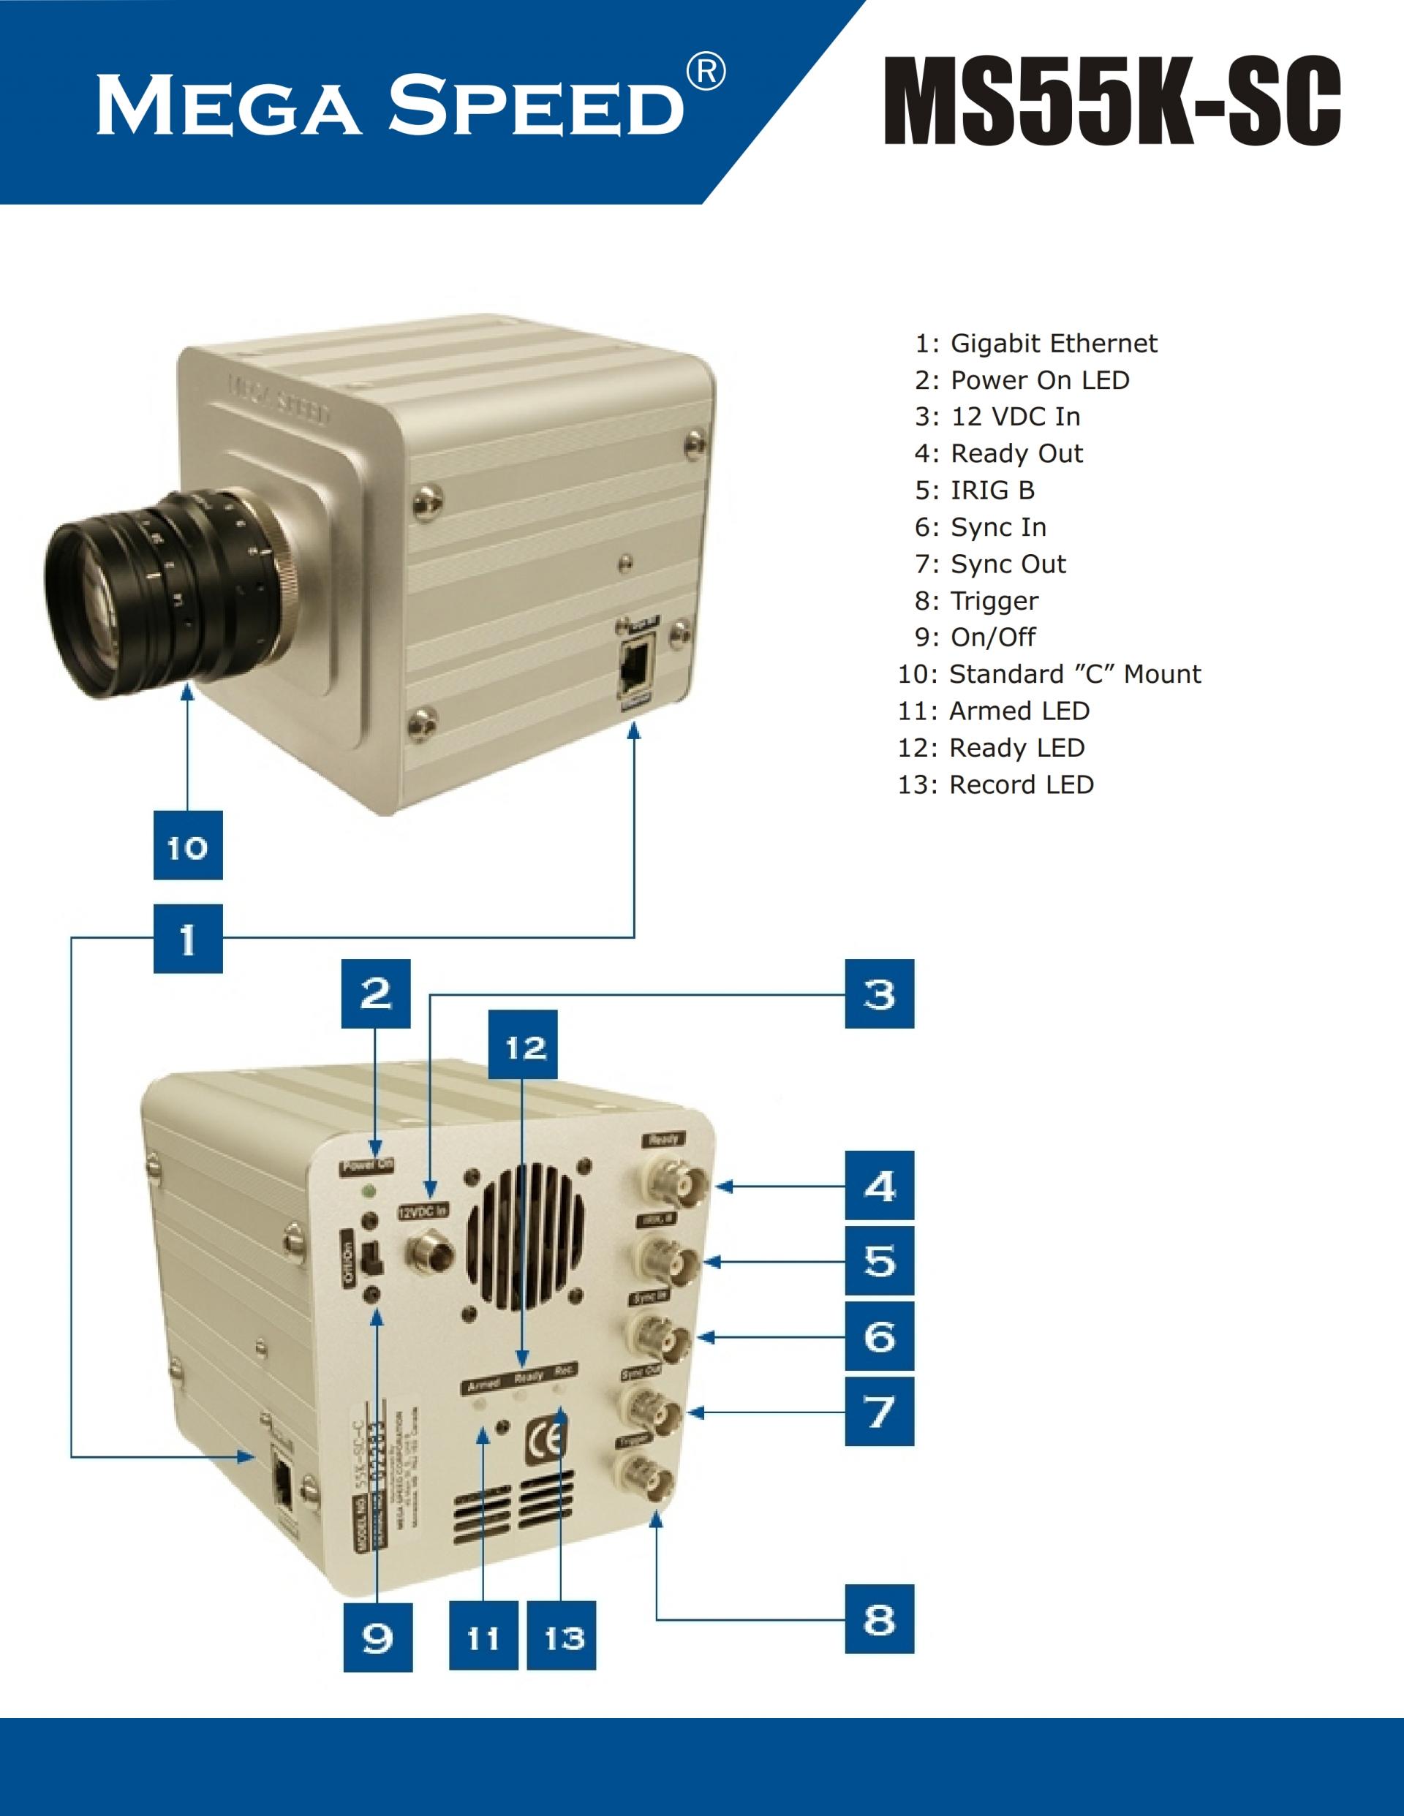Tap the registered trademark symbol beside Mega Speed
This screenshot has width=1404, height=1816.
706,72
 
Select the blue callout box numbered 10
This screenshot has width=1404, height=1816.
188,845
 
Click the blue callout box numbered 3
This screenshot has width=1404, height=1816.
879,994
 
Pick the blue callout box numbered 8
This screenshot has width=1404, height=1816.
879,1619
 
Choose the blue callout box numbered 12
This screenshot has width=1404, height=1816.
522,1045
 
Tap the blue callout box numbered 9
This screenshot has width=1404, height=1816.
377,1636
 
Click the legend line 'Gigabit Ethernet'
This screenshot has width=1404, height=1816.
1035,344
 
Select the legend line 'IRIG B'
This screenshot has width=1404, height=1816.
975,491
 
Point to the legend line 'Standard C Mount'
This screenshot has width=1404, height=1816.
1049,674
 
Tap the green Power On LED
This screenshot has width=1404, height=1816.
369,1191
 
